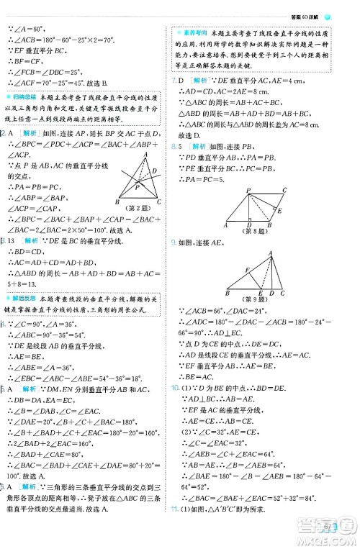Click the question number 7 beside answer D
(174, 80)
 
